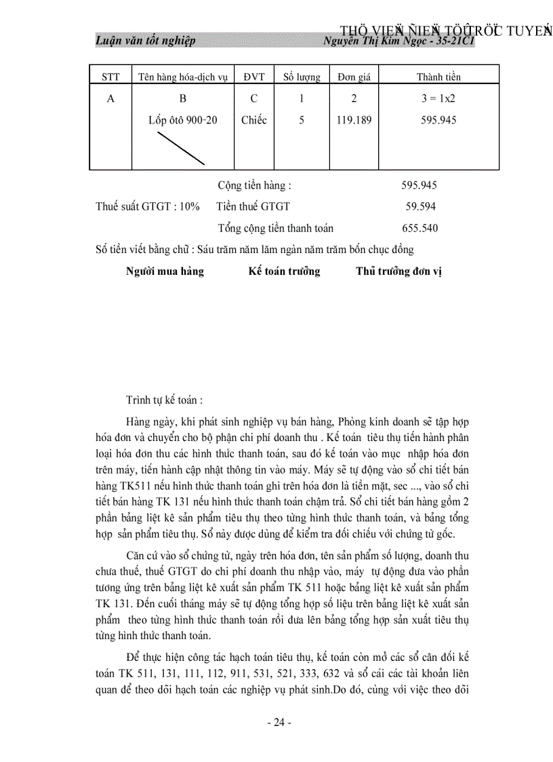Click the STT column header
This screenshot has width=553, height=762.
pos(110,77)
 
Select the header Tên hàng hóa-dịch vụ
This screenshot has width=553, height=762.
pos(182,77)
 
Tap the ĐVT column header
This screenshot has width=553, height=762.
pos(254,77)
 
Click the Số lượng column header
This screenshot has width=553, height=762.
pos(302,77)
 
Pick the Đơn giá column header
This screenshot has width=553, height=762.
pos(354,77)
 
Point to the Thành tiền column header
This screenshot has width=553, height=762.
pos(438,77)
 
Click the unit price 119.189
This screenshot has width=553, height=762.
pos(354,120)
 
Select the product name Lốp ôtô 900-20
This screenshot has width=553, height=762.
pos(183,120)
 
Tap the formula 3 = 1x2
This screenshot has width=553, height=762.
pos(438,98)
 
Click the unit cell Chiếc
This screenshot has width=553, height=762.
pos(254,120)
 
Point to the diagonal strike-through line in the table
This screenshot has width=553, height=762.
pos(181,148)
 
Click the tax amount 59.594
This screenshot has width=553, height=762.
pos(421,206)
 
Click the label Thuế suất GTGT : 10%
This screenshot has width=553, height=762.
pos(148,206)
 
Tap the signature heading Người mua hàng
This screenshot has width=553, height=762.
pos(165,271)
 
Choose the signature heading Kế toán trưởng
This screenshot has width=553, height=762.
pos(284,271)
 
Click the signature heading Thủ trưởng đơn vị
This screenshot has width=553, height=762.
pos(398,271)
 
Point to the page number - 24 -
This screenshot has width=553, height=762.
pos(279,723)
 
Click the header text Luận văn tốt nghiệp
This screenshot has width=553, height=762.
pos(146,41)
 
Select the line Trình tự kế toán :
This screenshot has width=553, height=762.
pos(165,400)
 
